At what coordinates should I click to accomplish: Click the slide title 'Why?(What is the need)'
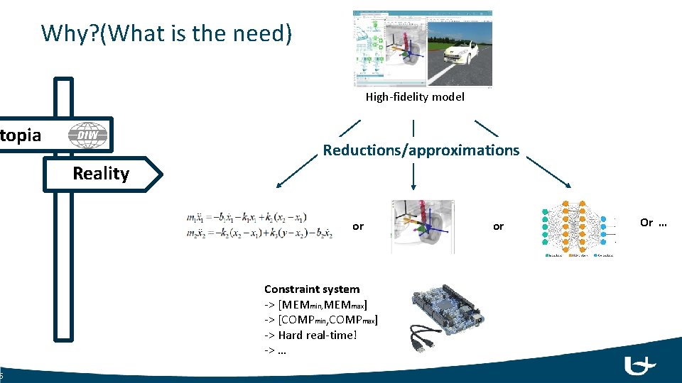tap(166, 33)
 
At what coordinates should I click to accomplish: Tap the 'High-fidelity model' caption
tap(415, 96)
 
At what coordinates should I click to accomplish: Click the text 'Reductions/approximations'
tap(421, 150)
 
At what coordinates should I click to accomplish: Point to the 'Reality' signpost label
tap(101, 174)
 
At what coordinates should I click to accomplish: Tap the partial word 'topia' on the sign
tap(21, 135)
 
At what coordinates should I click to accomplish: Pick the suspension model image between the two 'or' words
tap(423, 226)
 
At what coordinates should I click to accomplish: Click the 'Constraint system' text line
tap(312, 289)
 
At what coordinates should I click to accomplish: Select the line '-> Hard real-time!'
tap(310, 335)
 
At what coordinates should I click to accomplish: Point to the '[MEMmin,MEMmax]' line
tap(316, 304)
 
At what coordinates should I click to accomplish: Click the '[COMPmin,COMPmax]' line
tap(321, 319)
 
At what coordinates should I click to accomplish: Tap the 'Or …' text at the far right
tap(653, 222)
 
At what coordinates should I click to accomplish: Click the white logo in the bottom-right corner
tap(639, 365)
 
